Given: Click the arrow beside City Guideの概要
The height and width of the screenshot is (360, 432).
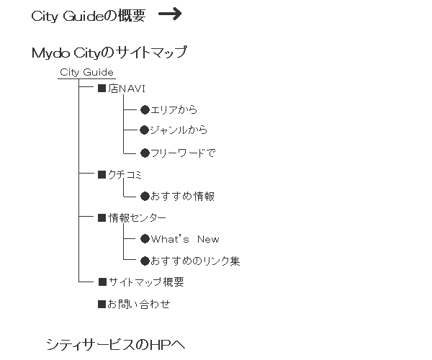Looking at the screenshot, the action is click(170, 14).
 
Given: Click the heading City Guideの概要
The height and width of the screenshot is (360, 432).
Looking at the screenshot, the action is click(88, 16).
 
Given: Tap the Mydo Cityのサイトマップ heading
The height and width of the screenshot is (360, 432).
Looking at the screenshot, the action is click(109, 53).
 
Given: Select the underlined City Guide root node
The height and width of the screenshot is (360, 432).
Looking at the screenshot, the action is click(86, 73).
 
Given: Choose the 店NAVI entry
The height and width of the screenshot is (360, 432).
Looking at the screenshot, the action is click(127, 89).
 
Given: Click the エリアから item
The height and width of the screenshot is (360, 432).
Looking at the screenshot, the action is click(174, 110).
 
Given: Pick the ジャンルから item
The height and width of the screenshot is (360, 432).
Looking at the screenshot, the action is click(179, 130).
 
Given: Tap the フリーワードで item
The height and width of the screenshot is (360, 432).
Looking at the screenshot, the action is click(183, 153).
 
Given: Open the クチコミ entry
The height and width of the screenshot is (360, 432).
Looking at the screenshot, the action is click(125, 175).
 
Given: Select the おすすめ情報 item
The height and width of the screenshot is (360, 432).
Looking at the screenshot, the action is click(182, 196).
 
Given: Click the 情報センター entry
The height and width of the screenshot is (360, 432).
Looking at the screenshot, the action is click(138, 218).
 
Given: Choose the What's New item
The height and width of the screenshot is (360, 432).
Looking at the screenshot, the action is click(185, 239).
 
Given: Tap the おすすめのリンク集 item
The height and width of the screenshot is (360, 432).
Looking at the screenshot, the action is click(195, 261).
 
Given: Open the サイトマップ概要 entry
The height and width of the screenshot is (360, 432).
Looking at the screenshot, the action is click(146, 282).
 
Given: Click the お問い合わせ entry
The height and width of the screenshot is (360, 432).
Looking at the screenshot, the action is click(138, 304).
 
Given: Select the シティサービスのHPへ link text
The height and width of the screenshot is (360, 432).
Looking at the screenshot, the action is click(116, 344).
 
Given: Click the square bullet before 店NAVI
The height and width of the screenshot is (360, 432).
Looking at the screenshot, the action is click(102, 89).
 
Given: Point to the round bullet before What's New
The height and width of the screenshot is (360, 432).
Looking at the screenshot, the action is click(145, 239).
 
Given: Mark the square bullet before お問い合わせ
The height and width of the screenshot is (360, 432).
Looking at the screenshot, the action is click(102, 304).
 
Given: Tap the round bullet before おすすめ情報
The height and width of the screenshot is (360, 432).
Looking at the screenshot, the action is click(145, 196).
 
